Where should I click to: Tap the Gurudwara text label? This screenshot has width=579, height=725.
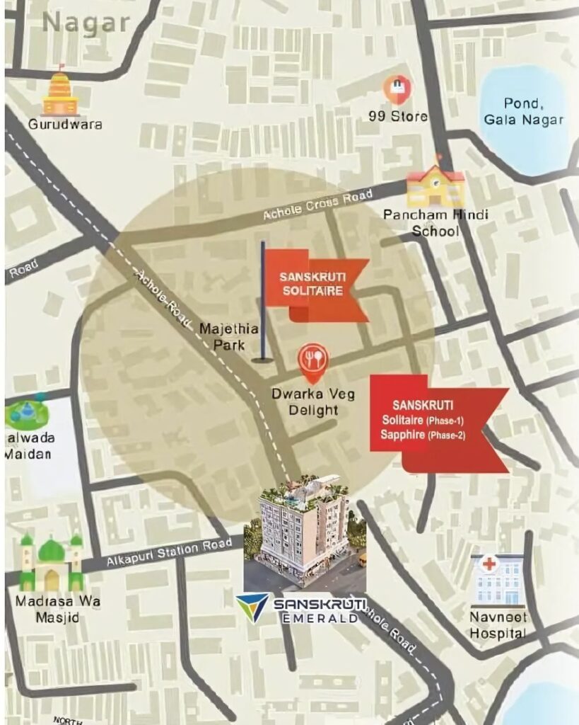click(x=65, y=125)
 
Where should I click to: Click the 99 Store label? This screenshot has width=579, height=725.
click(x=397, y=115)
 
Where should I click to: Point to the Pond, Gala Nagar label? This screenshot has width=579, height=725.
click(x=524, y=112)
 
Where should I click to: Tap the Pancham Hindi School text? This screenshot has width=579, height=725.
click(x=435, y=222)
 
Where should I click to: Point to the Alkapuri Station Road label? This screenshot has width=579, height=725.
click(x=170, y=553)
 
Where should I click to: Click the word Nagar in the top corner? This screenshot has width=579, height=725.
click(x=86, y=23)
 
